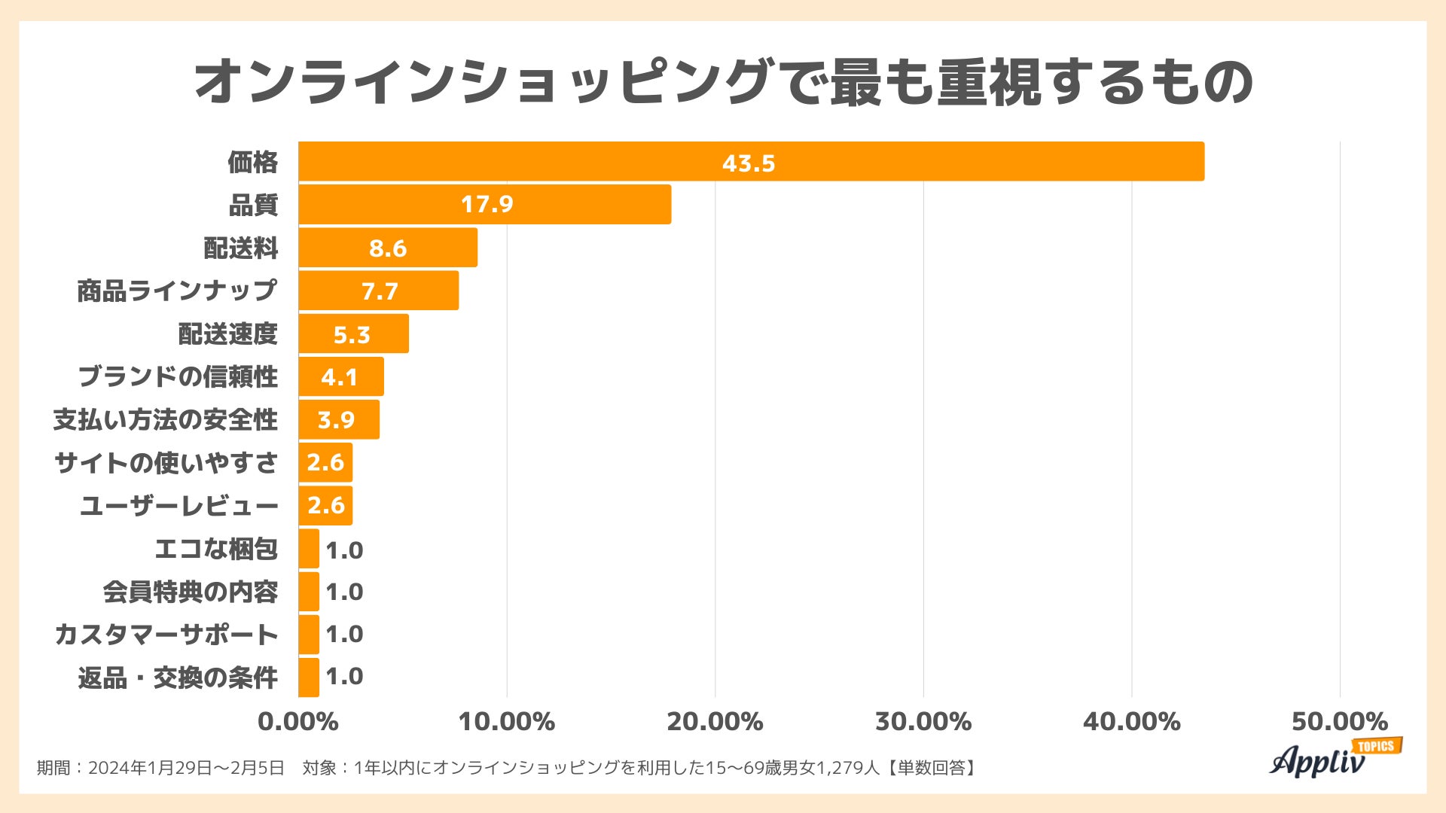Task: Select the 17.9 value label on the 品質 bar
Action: (x=487, y=204)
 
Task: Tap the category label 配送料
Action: (x=241, y=248)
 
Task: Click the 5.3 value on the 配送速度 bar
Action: (x=352, y=334)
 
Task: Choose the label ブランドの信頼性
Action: (x=178, y=376)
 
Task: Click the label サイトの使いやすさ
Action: (x=166, y=463)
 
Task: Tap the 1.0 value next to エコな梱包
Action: (x=344, y=550)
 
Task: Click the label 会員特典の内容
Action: (x=191, y=592)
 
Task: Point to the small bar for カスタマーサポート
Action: (x=309, y=635)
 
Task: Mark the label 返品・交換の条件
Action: (x=178, y=677)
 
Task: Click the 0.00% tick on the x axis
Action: (x=298, y=721)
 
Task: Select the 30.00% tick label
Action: (x=923, y=721)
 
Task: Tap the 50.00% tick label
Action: (x=1339, y=721)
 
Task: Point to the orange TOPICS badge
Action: (x=1377, y=746)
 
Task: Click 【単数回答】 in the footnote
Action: (x=931, y=768)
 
